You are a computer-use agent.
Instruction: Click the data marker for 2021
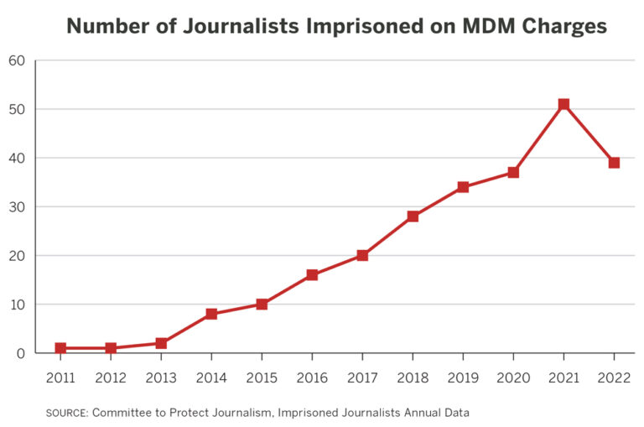[x=563, y=104]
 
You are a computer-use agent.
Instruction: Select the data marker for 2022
[x=614, y=163]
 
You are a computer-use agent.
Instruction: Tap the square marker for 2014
[x=211, y=314]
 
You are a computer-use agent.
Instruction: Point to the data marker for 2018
[x=413, y=216]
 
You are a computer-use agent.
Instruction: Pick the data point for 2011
[x=60, y=348]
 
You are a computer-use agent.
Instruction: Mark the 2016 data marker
[x=312, y=274]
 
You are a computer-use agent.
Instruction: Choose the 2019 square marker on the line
[x=463, y=187]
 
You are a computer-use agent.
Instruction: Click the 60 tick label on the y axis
[x=17, y=60]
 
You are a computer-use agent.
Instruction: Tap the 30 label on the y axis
[x=17, y=207]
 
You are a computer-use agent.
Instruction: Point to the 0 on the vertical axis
[x=20, y=353]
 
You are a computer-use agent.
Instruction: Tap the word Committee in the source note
[x=123, y=412]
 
